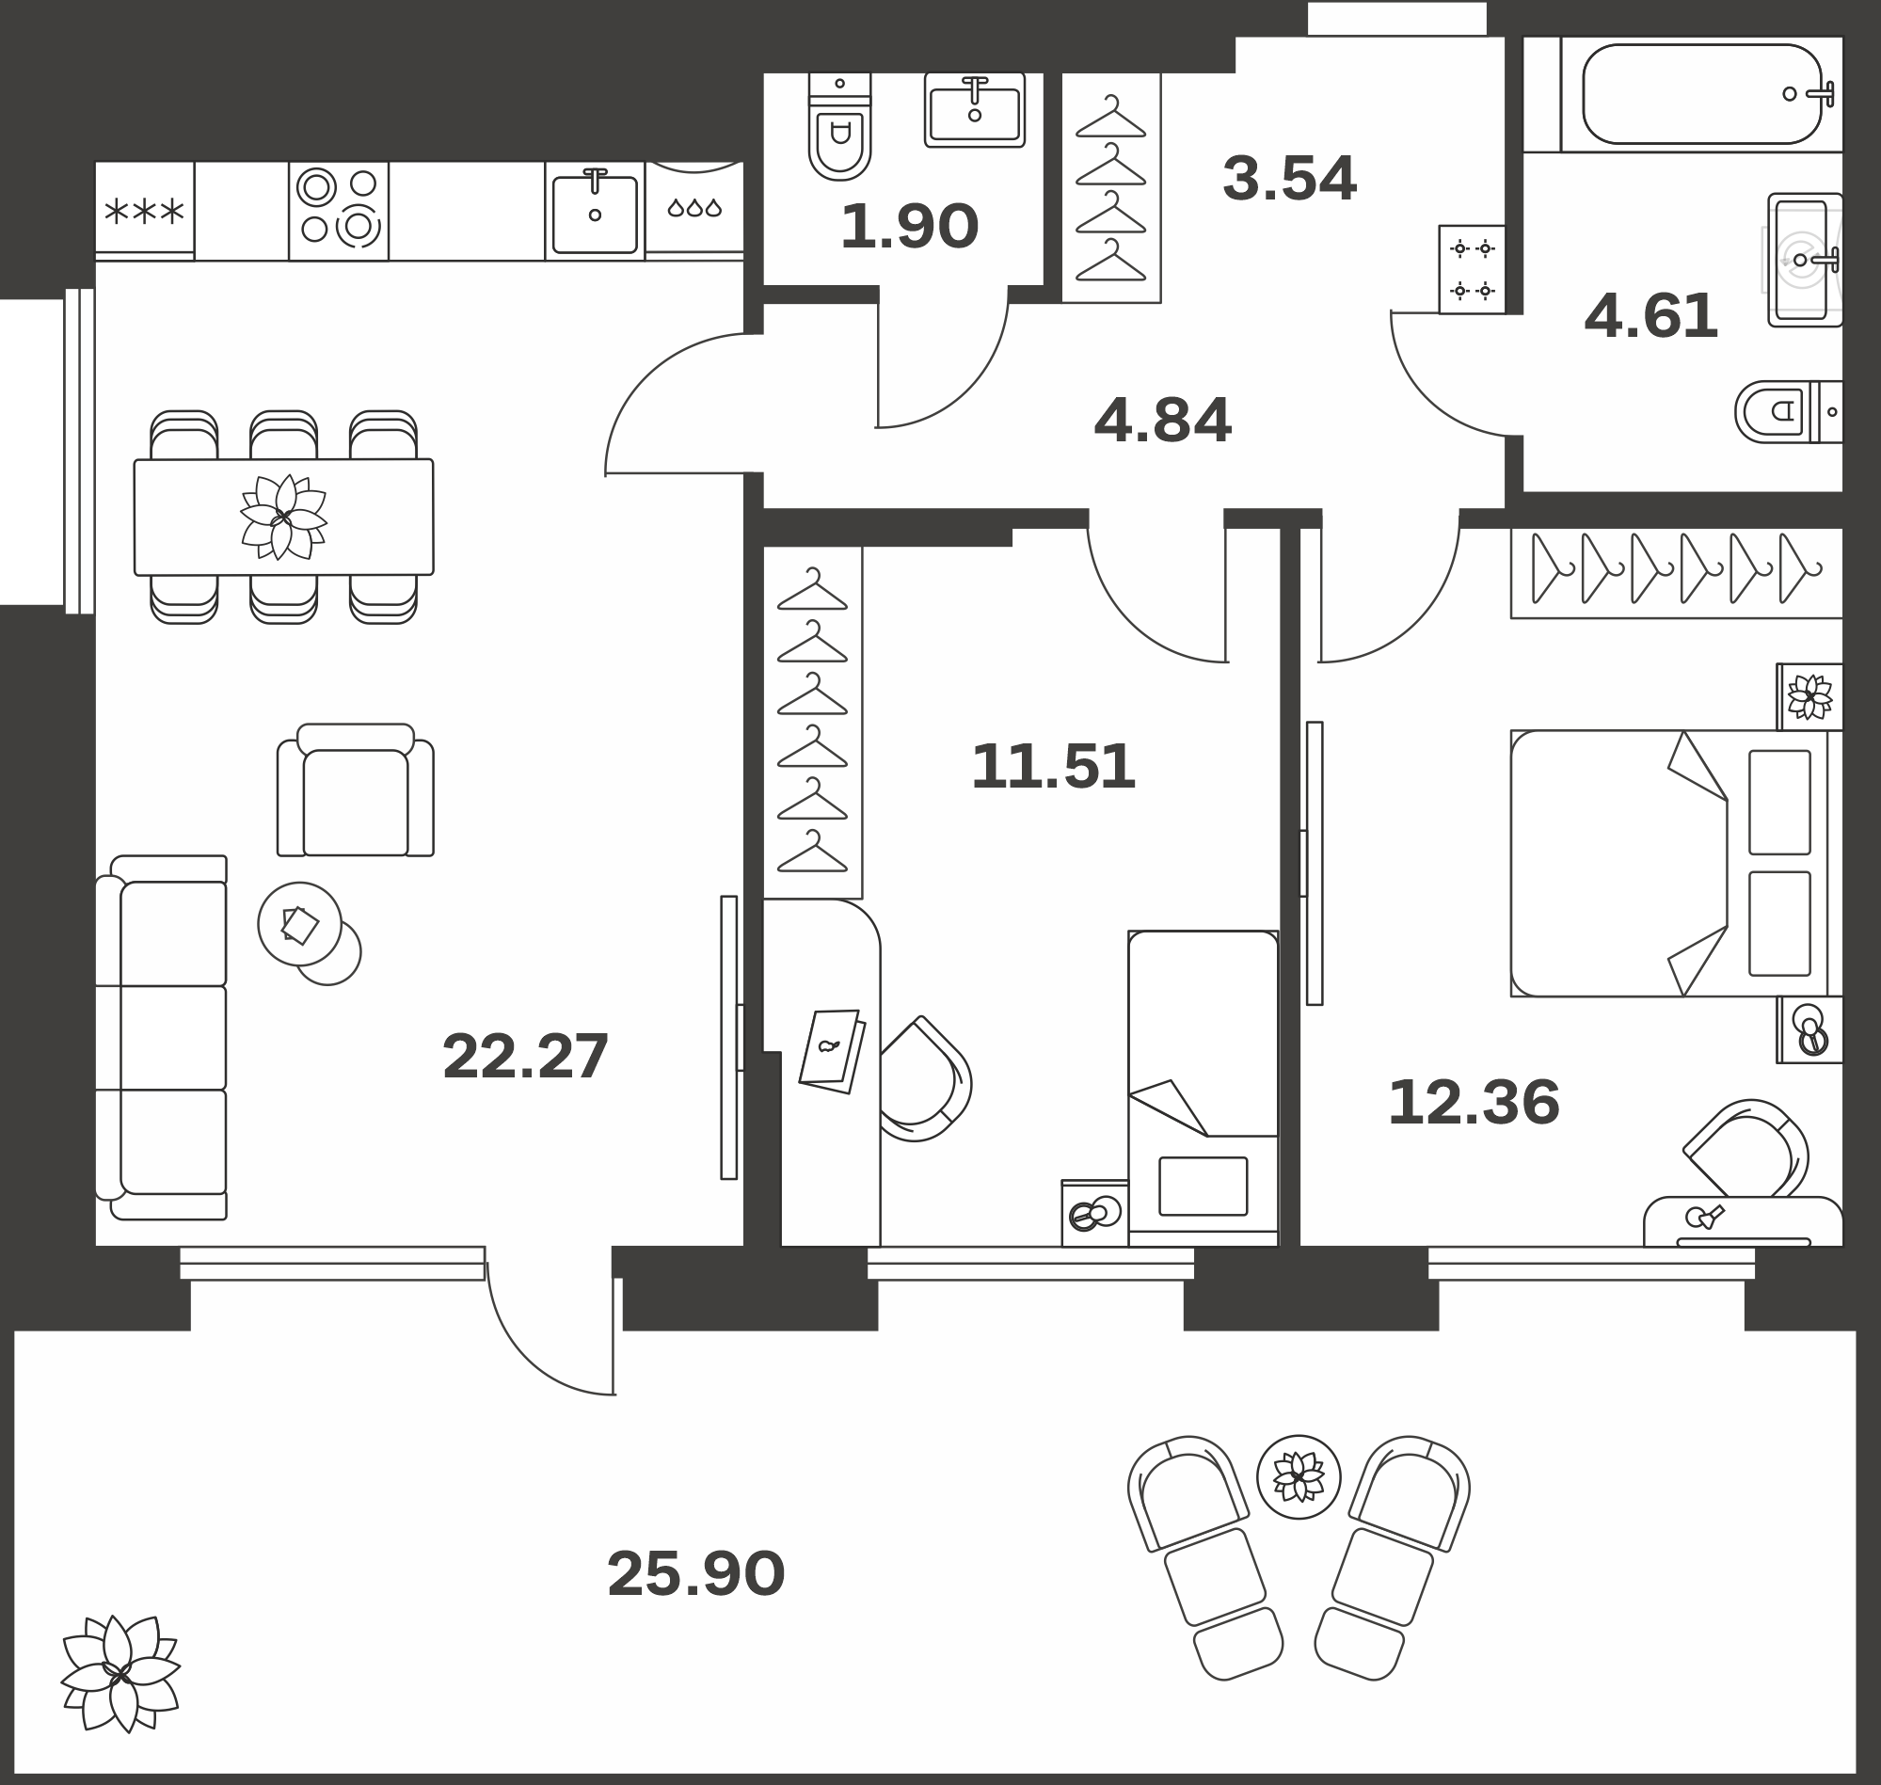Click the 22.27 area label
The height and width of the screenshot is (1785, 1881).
tap(525, 1056)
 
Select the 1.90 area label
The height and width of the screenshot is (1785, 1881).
tap(909, 227)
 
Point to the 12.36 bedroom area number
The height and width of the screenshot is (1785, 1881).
tap(1474, 1103)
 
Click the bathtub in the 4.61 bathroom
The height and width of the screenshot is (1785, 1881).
tap(1702, 94)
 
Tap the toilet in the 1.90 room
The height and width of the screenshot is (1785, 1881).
tap(839, 126)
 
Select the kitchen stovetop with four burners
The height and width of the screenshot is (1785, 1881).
tap(339, 210)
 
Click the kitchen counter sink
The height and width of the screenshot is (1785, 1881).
tap(595, 211)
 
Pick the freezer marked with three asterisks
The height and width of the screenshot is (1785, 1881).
tap(145, 210)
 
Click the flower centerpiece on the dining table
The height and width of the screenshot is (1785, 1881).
tap(282, 517)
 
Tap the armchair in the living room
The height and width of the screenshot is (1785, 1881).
tap(355, 789)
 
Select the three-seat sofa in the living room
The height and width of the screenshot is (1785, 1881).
tap(162, 1037)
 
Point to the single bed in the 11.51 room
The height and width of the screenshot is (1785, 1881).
tap(1203, 1088)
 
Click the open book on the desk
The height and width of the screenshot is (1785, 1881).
tap(832, 1050)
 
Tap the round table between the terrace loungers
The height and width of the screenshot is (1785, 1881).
tap(1298, 1476)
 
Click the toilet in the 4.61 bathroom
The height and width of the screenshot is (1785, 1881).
tap(1788, 412)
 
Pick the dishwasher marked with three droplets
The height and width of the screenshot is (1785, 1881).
tap(694, 210)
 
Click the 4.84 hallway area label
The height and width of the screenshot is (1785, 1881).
tap(1163, 421)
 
